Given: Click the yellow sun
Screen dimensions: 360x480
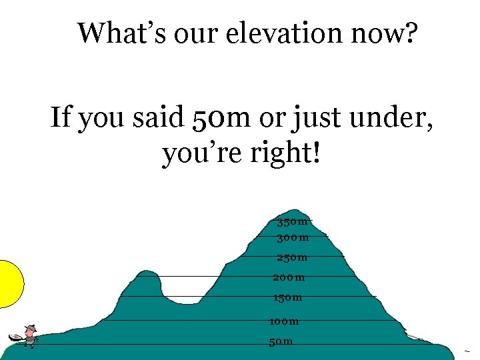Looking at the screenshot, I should click(x=9, y=283).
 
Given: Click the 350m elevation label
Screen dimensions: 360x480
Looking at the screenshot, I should click(x=293, y=221).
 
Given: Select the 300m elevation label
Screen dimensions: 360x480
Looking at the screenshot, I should click(x=293, y=237).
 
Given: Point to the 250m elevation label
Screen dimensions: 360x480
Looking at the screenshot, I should click(x=292, y=257).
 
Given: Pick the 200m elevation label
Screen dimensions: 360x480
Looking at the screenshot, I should click(x=289, y=277).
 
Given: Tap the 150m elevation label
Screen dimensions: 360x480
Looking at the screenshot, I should click(x=287, y=297).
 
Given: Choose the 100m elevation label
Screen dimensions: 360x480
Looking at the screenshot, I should click(x=284, y=321).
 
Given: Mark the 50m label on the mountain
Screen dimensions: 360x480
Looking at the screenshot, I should click(x=281, y=342).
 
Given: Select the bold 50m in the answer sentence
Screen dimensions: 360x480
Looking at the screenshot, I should click(x=221, y=119).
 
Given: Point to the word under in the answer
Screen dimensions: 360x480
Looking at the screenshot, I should click(x=390, y=119).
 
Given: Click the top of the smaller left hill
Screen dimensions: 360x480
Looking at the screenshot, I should click(x=146, y=273).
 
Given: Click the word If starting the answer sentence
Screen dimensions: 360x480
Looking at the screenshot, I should click(x=61, y=119).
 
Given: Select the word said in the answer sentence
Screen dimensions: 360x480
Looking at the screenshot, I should click(x=157, y=119).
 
